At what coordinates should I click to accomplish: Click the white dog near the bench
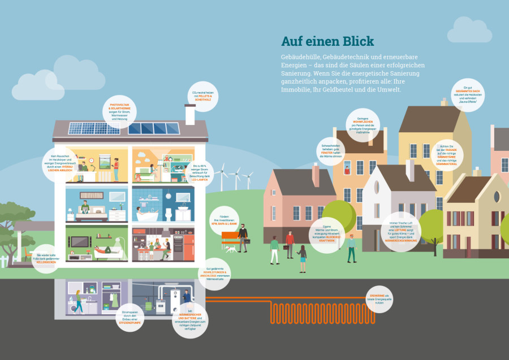click(230, 248)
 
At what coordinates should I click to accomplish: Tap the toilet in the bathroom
click(167, 215)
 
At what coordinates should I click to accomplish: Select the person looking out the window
click(347, 168)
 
